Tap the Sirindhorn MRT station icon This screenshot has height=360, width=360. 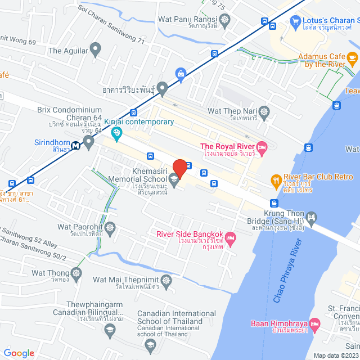coord(88,141)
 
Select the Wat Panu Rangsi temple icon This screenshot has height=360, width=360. coord(226,20)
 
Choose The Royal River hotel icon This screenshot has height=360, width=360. coord(262,147)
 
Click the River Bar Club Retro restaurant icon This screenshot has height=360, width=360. coord(276,181)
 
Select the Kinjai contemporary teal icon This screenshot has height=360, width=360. coord(117,133)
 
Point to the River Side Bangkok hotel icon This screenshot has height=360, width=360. coord(230,238)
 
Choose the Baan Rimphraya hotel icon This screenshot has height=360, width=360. coord(314,324)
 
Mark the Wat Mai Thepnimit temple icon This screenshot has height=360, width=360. coord(167,280)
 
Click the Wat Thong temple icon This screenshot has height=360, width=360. coord(77,273)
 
